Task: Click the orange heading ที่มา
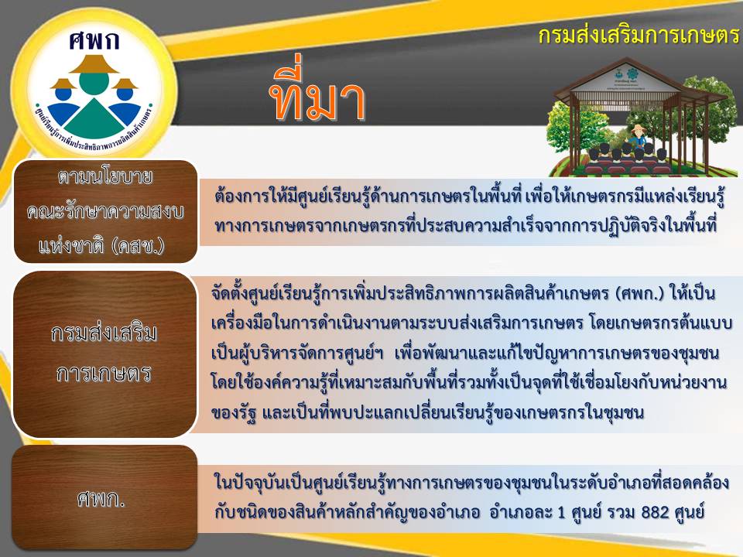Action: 318,94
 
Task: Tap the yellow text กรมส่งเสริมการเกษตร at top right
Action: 639,36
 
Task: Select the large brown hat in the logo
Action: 94,64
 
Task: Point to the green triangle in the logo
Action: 94,119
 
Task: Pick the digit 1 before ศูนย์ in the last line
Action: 562,512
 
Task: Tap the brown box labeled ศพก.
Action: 104,497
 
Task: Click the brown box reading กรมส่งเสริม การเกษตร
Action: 104,354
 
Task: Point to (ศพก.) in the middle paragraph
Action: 640,294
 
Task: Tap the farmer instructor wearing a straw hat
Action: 639,140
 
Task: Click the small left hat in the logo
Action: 63,84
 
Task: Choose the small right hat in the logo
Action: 125,84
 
